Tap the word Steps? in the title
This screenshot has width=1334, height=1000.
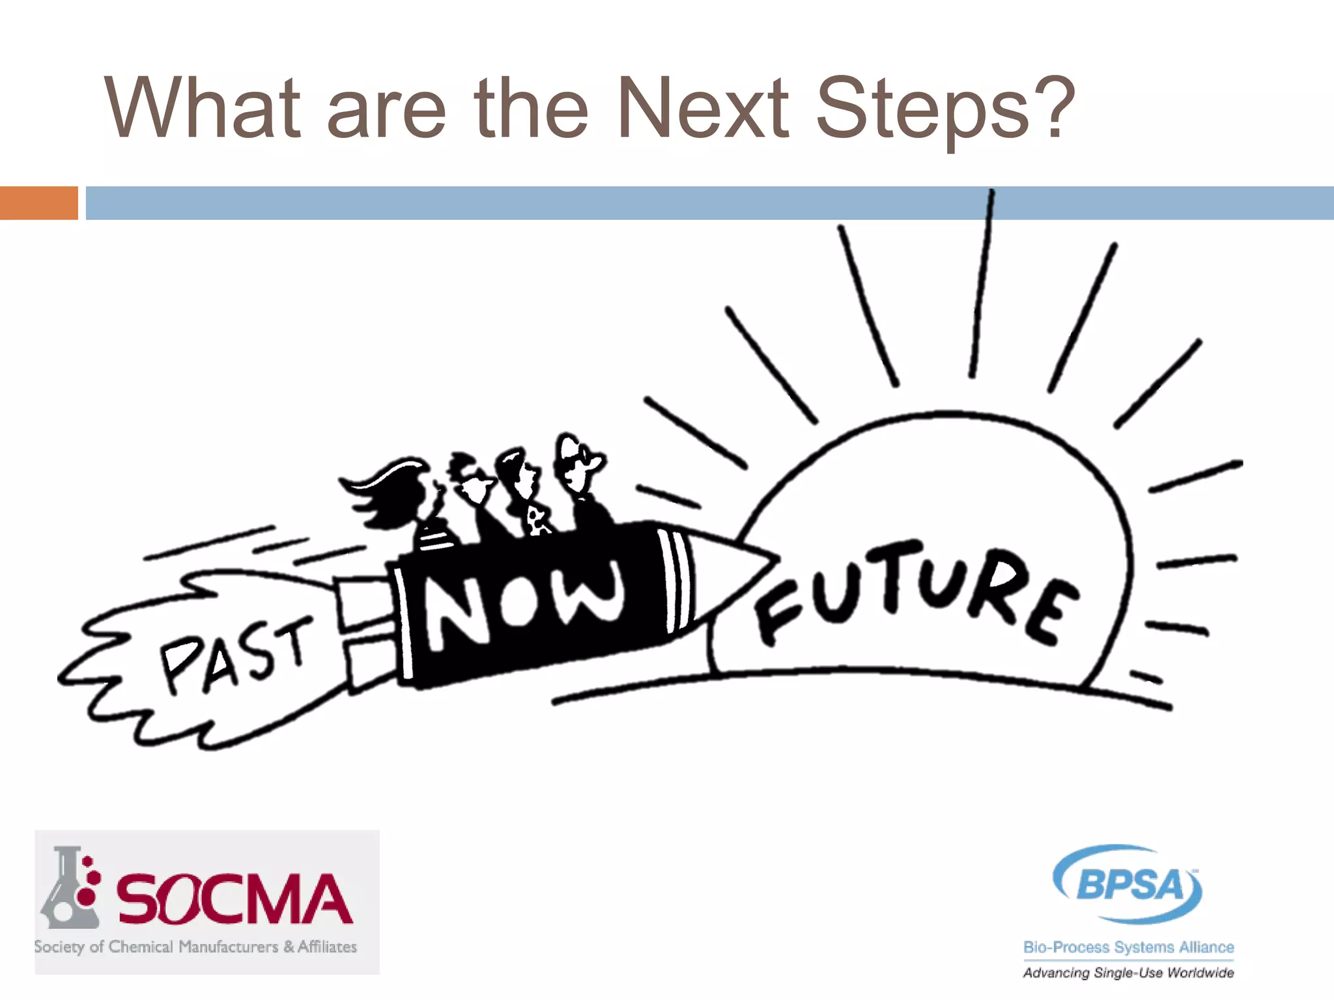[944, 111]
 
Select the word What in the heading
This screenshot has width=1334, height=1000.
[203, 108]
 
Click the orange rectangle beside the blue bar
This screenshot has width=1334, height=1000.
[38, 203]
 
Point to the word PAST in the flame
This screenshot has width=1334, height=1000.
[234, 654]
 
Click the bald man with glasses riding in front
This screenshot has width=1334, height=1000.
[580, 469]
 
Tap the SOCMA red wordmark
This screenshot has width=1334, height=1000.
[234, 900]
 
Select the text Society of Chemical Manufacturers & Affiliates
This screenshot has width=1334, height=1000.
[195, 947]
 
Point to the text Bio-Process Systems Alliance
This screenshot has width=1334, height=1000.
[1128, 947]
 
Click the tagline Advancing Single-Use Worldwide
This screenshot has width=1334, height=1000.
[1128, 973]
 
